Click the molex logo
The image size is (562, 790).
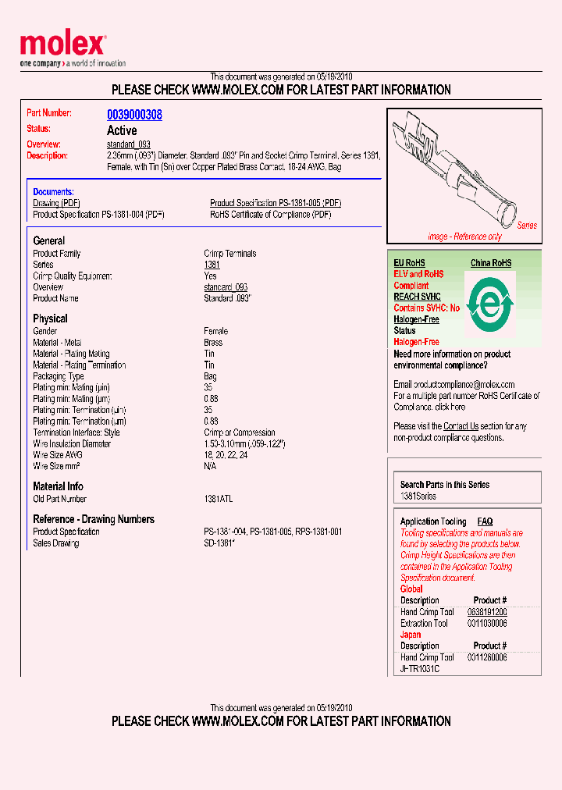62,45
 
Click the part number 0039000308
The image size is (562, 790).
134,115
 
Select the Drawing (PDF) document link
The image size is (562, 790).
57,203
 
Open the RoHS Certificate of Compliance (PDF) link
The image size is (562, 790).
270,214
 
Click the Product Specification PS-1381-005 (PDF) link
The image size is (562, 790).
275,203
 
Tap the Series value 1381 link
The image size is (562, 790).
212,265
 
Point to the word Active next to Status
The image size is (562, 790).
122,130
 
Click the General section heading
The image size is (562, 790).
48,241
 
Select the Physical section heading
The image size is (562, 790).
50,318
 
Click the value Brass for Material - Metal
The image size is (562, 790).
213,343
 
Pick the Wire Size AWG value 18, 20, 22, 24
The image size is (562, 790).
226,455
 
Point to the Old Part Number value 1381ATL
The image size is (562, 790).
218,499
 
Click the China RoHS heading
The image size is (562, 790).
491,263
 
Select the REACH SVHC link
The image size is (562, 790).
417,297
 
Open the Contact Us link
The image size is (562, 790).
461,426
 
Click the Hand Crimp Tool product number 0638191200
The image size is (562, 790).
487,612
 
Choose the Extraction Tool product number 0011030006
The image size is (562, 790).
487,623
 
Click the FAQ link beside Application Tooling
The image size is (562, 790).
485,521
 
